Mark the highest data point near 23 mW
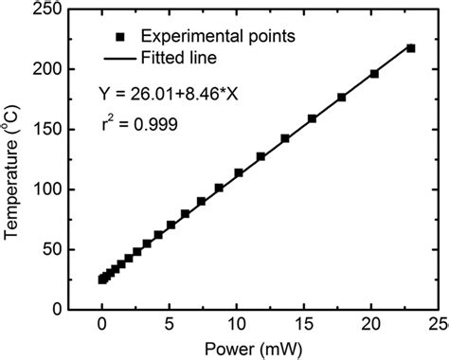410,47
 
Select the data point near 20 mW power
374,74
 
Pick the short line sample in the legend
120,59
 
